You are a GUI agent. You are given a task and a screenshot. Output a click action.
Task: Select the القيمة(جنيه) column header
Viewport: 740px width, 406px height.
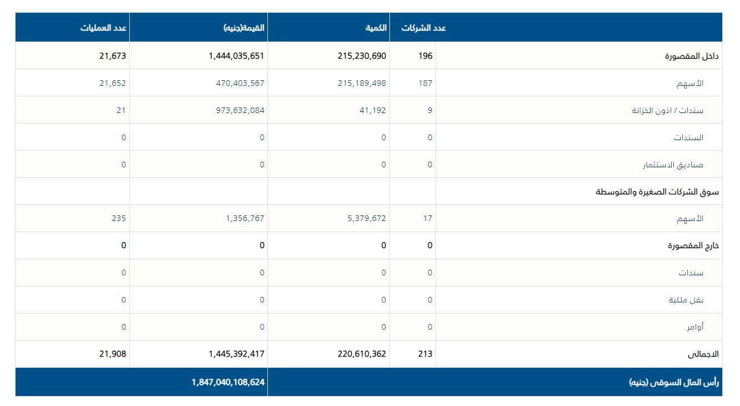coord(244,28)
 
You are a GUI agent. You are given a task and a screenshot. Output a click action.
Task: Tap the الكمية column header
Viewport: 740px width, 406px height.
coord(376,28)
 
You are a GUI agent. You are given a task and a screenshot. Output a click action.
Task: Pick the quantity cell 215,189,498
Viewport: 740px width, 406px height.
coord(362,83)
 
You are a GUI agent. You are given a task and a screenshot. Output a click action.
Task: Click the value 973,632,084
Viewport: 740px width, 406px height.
coord(240,110)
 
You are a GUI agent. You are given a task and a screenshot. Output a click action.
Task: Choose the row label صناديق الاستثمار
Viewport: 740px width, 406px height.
coord(673,165)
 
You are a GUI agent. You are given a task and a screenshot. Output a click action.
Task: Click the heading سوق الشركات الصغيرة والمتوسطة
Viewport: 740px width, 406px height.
coord(657,192)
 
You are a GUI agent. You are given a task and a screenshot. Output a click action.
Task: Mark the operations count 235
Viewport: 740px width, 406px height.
coord(119,218)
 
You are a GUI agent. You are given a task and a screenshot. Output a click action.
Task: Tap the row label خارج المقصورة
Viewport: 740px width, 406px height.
coord(693,245)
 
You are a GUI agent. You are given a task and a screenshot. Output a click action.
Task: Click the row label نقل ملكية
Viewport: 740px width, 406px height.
coord(686,300)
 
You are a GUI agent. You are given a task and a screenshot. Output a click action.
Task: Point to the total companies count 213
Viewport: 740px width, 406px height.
coord(425,354)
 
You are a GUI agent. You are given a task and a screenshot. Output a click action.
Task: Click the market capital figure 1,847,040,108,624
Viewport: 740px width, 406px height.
coord(229,382)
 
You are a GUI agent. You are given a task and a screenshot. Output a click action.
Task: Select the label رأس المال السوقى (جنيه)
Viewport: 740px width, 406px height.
coord(673,382)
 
